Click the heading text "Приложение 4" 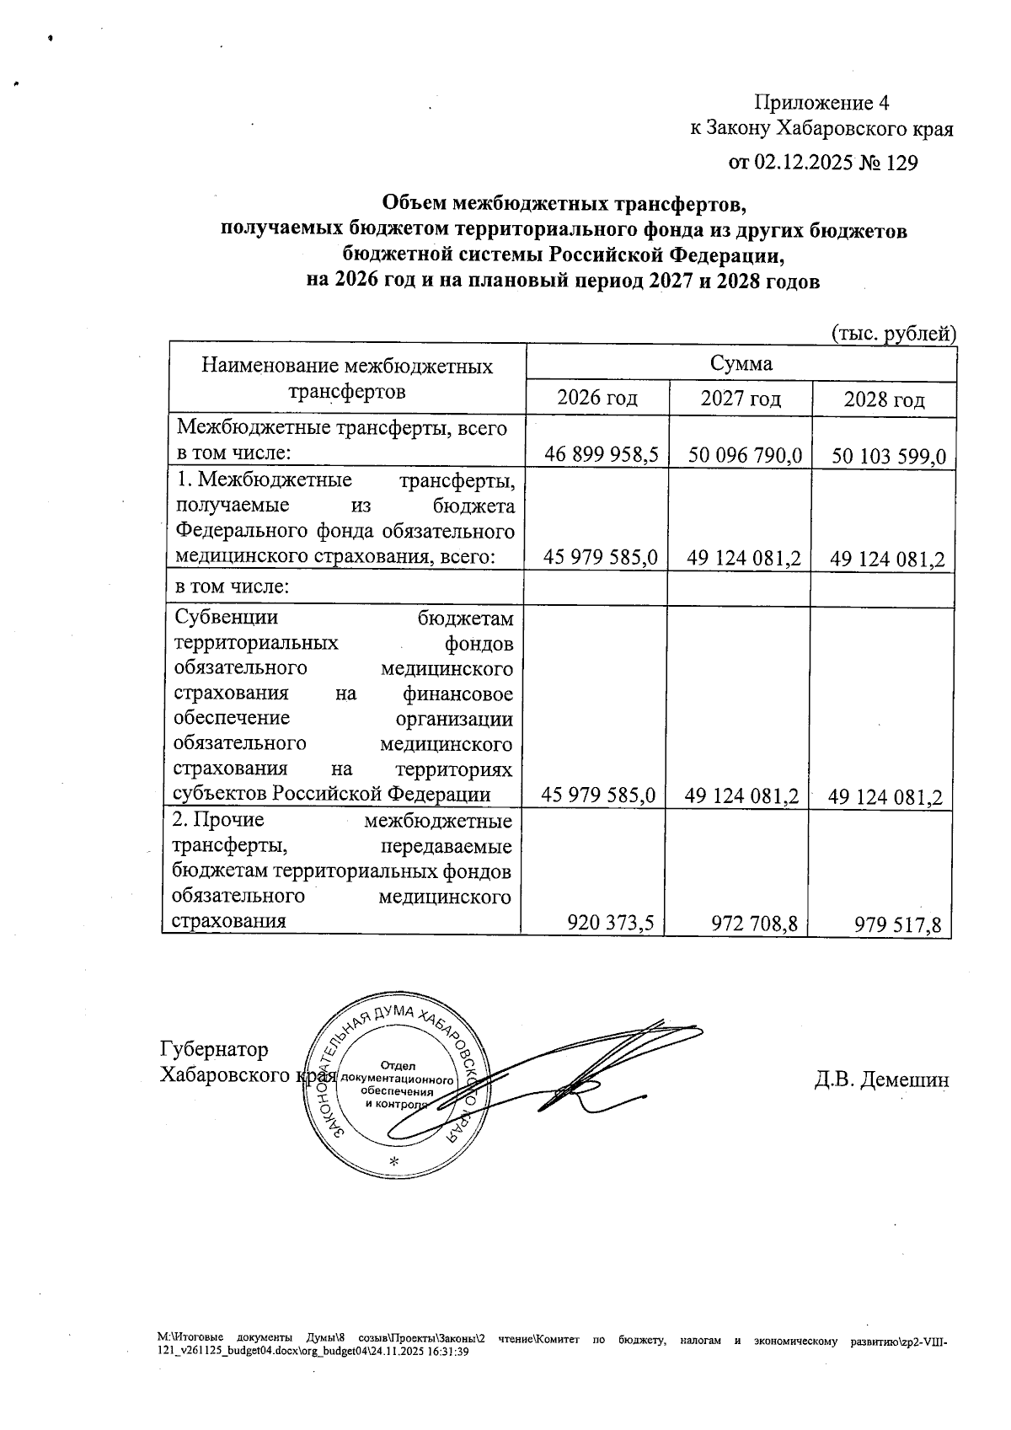821,103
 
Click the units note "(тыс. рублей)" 894,334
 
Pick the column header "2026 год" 597,398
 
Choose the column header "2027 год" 741,398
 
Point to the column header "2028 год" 884,399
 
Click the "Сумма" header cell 741,363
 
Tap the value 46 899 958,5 601,456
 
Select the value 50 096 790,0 745,457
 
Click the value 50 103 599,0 889,457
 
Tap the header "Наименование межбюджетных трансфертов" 347,378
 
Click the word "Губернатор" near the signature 214,1049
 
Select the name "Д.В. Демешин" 881,1079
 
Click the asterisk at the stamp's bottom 393,1161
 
